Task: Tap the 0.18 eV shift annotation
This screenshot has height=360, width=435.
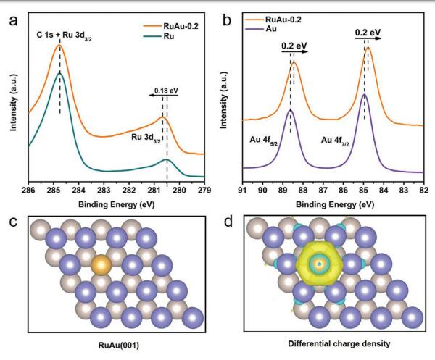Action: point(166,92)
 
